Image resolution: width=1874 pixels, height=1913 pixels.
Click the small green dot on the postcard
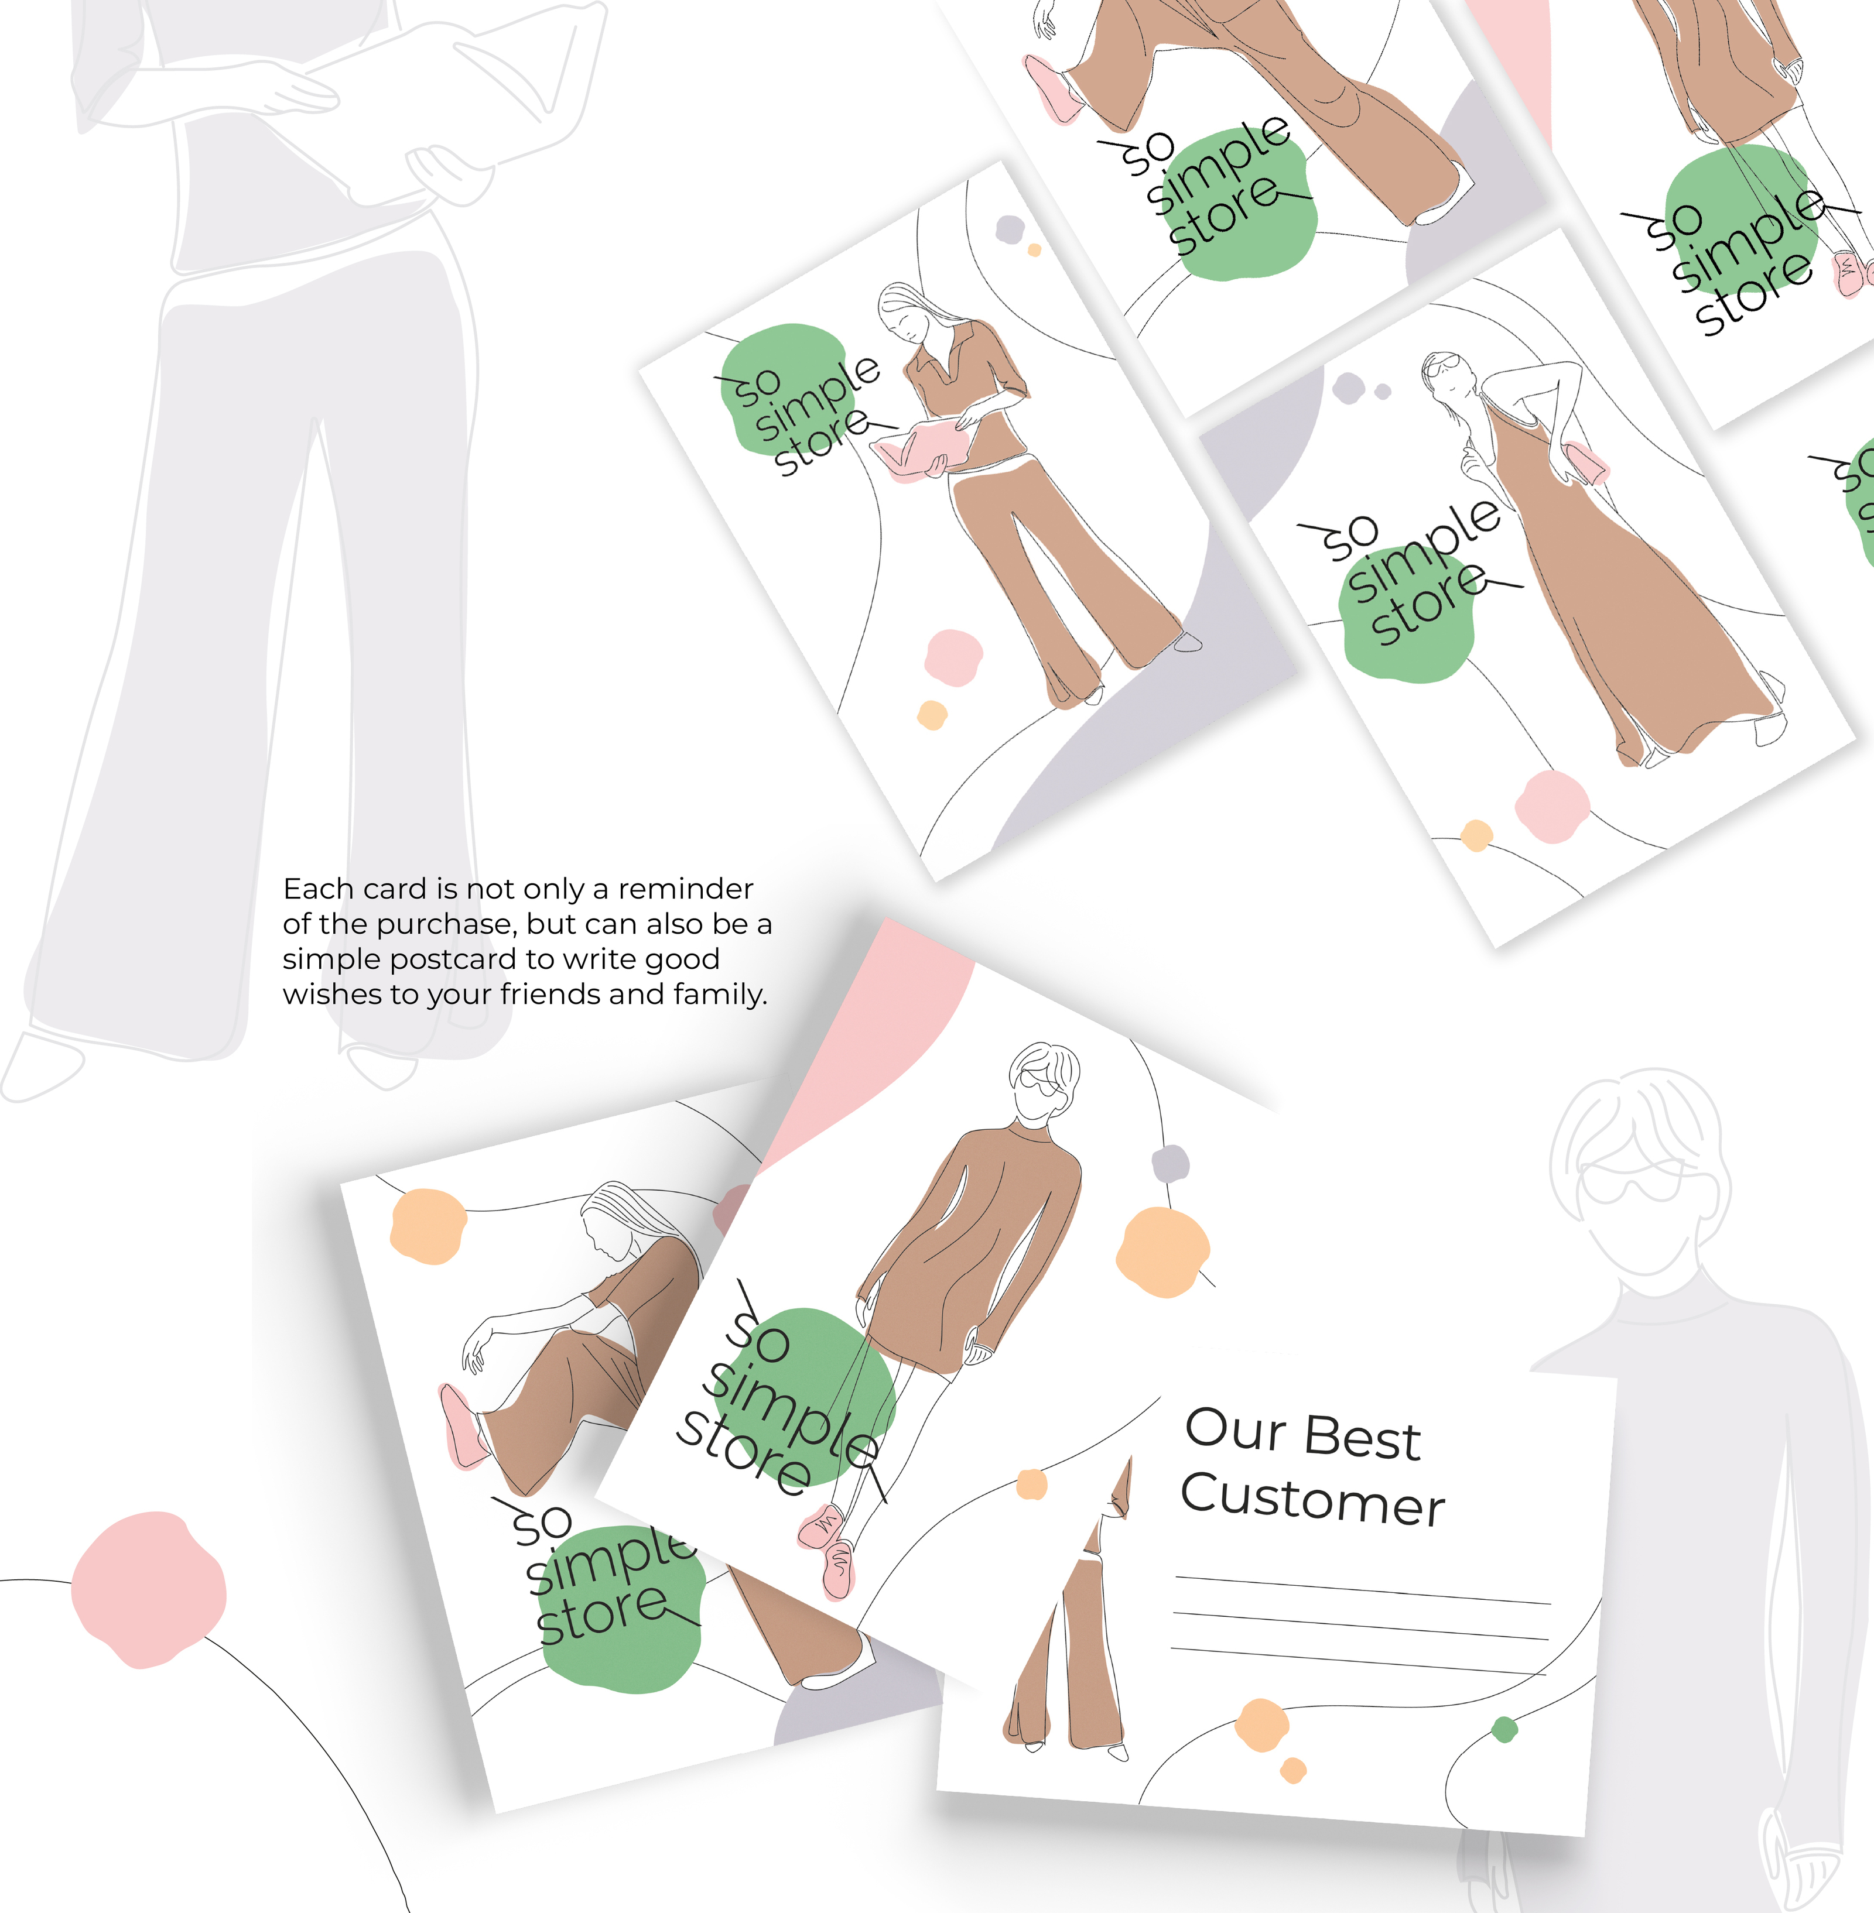click(1504, 1729)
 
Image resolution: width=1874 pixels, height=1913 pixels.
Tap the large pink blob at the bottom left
click(148, 1589)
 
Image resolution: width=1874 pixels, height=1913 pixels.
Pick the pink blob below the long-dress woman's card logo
click(1552, 806)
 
